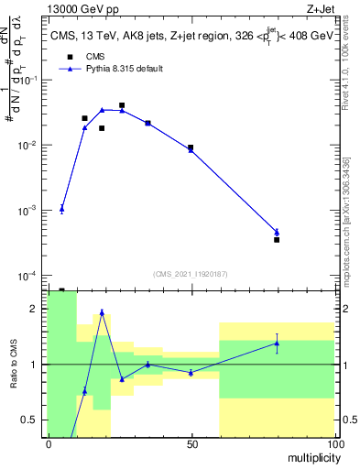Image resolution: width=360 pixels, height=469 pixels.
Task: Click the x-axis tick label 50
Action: click(x=192, y=444)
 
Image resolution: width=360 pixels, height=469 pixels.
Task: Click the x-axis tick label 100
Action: click(x=334, y=444)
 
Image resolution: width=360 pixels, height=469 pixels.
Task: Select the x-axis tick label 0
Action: click(x=49, y=444)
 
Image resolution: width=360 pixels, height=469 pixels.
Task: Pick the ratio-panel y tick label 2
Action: click(x=34, y=309)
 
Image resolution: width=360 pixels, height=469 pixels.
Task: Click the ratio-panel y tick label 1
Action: click(x=34, y=365)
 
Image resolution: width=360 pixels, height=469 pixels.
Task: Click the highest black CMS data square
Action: click(x=122, y=105)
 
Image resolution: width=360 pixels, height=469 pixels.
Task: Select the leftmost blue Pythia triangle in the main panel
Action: click(x=61, y=209)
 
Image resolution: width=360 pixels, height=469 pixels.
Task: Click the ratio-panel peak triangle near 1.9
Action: click(x=102, y=312)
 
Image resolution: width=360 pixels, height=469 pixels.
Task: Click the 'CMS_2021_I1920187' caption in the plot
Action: click(x=191, y=273)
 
